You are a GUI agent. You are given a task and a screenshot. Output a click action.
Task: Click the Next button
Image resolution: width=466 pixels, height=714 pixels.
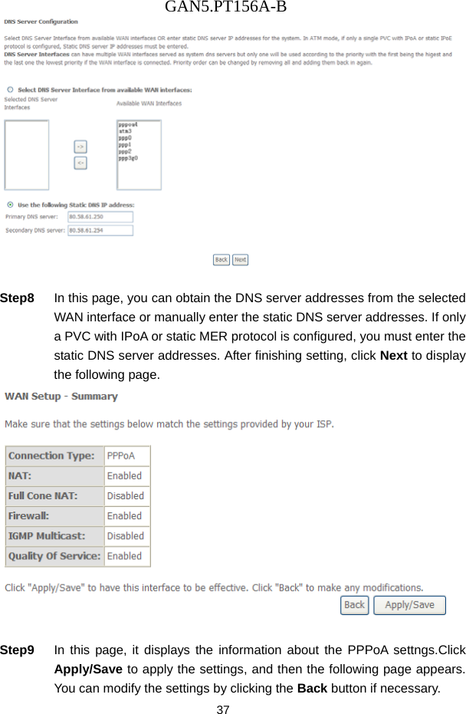pos(240,260)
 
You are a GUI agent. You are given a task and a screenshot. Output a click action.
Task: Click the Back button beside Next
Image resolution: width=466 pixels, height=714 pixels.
pos(221,260)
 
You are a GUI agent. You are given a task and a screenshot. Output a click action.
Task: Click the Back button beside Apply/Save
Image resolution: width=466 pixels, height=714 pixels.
pos(354,605)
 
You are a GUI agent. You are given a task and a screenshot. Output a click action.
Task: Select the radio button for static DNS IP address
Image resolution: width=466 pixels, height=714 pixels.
pos(10,205)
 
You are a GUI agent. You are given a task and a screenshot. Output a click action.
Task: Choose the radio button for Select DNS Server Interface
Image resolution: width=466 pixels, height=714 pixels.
pos(10,90)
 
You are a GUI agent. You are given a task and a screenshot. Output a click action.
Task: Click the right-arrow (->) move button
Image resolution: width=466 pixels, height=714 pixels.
pos(80,146)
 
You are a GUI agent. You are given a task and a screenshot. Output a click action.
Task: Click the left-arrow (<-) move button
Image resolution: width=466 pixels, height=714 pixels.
pos(80,163)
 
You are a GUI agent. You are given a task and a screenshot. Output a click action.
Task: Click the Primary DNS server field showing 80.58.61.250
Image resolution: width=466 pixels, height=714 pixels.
pos(100,217)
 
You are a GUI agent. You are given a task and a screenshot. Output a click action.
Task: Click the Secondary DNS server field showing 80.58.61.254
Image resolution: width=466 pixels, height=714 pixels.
pos(100,229)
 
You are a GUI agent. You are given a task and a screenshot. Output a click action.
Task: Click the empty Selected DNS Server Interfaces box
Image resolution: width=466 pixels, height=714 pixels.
pos(27,154)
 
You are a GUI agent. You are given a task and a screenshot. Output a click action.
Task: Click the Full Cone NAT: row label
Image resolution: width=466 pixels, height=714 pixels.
pos(43,496)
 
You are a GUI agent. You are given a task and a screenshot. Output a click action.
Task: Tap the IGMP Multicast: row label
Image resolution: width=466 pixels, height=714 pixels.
pos(47,536)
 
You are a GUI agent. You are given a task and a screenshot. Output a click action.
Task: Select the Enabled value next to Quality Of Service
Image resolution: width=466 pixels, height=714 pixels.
pos(124,556)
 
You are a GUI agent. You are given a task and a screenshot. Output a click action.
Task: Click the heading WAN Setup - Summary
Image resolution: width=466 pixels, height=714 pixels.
pos(62,396)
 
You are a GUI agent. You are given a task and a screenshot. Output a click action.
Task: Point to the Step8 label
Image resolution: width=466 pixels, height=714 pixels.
pos(18,298)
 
